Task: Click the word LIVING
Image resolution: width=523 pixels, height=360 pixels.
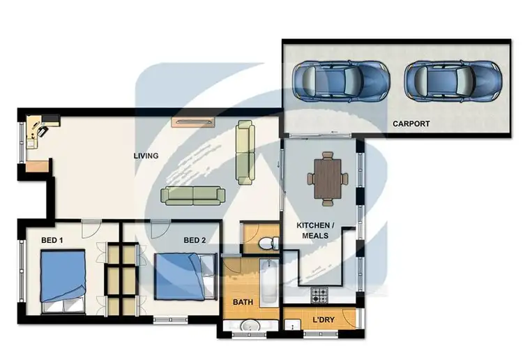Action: pos(146,156)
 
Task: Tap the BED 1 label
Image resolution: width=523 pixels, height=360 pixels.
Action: pos(52,241)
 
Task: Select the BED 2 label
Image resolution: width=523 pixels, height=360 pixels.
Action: pos(195,241)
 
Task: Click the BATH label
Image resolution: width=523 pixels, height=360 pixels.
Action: pos(242,302)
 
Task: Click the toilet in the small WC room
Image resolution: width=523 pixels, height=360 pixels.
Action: pos(266,243)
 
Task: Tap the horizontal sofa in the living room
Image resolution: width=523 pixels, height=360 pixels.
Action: pos(192,195)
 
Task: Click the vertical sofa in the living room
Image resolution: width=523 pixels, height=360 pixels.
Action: pos(244,152)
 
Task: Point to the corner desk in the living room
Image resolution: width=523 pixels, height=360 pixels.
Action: pos(38,133)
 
